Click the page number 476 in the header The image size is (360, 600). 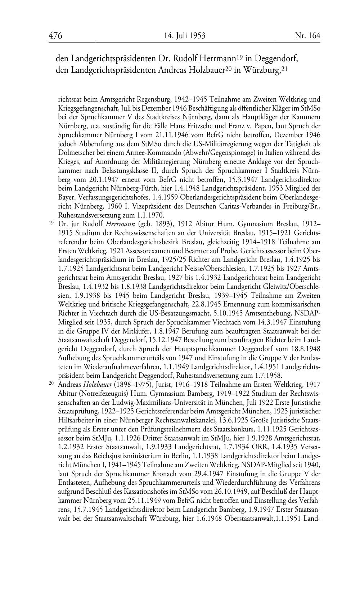pyautogui.click(x=55, y=36)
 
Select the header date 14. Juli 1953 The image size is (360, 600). pyautogui.click(x=184, y=36)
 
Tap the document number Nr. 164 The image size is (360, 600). pyautogui.click(x=307, y=36)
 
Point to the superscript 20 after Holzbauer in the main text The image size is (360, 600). pyautogui.click(x=228, y=68)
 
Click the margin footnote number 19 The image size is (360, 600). pyautogui.click(x=51, y=223)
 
